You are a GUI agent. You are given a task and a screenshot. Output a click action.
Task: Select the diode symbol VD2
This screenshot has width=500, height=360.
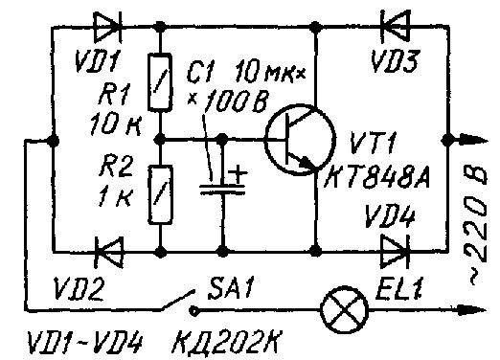107,251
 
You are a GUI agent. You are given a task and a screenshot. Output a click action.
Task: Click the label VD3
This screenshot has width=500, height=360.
393,63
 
